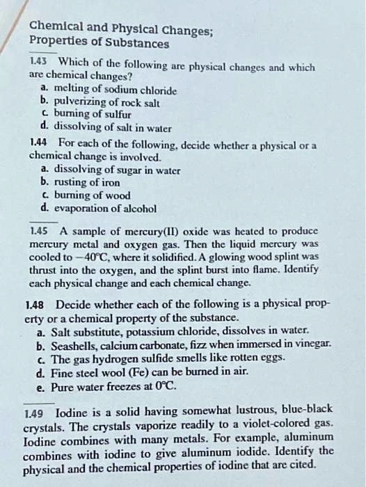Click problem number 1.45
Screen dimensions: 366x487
pos(40,231)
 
